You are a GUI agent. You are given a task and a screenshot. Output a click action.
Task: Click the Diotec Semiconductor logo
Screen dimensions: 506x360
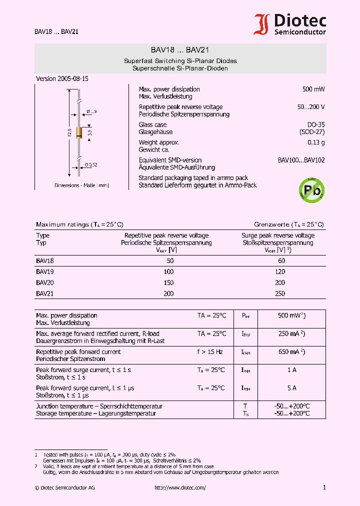point(290,24)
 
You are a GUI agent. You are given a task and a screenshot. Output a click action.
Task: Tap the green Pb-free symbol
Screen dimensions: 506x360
point(311,190)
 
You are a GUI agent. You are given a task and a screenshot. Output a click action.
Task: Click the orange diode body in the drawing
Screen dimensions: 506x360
point(79,132)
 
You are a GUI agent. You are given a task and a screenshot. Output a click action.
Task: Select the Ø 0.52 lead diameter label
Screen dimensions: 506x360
point(90,164)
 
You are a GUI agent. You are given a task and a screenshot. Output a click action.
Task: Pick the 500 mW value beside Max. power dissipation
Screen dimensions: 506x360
point(313,89)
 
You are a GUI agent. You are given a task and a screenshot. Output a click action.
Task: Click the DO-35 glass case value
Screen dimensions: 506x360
point(315,124)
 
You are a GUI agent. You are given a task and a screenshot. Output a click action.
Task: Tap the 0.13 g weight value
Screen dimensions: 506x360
point(316,142)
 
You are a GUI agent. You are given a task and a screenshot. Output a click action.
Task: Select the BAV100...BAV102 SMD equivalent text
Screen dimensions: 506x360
point(301,160)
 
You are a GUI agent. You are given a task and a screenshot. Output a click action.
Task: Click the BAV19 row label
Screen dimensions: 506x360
point(44,271)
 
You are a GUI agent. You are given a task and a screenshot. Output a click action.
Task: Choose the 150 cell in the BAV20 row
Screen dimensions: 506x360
point(168,283)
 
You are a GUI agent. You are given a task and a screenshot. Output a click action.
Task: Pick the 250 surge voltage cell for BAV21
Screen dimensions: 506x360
point(280,294)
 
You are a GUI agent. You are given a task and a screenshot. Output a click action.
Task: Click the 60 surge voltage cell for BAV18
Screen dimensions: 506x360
point(281,260)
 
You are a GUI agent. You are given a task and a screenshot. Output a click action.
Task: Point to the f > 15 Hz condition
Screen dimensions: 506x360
point(210,352)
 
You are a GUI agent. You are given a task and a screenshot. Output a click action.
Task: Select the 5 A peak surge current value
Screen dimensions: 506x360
point(291,388)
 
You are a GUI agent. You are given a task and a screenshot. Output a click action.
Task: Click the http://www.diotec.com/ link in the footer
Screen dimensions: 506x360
point(180,487)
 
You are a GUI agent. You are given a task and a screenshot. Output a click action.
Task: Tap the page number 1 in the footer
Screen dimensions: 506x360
point(324,487)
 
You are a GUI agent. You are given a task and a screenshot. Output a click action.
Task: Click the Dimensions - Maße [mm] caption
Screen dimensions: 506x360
point(81,185)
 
